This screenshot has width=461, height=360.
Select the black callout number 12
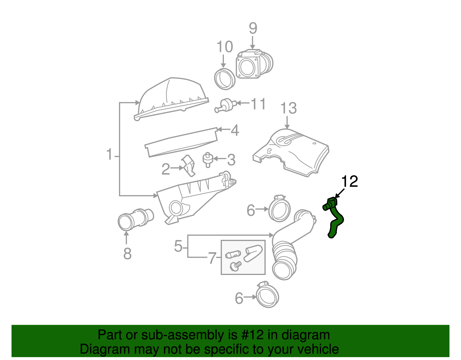tap(349, 182)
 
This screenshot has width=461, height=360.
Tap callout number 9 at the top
tap(253, 28)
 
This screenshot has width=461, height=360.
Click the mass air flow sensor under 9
tap(254, 64)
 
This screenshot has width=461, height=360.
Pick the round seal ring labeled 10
tap(225, 79)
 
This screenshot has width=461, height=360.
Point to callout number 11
tap(258, 104)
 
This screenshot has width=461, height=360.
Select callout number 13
tap(288, 108)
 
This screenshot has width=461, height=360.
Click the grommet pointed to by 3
tap(207, 159)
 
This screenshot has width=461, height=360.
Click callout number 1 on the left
tap(109, 154)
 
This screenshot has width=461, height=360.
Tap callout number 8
tap(127, 254)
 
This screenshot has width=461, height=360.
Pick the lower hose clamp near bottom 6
tap(267, 295)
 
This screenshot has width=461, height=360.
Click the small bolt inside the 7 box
tap(236, 266)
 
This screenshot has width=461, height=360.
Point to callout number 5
tap(178, 246)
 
